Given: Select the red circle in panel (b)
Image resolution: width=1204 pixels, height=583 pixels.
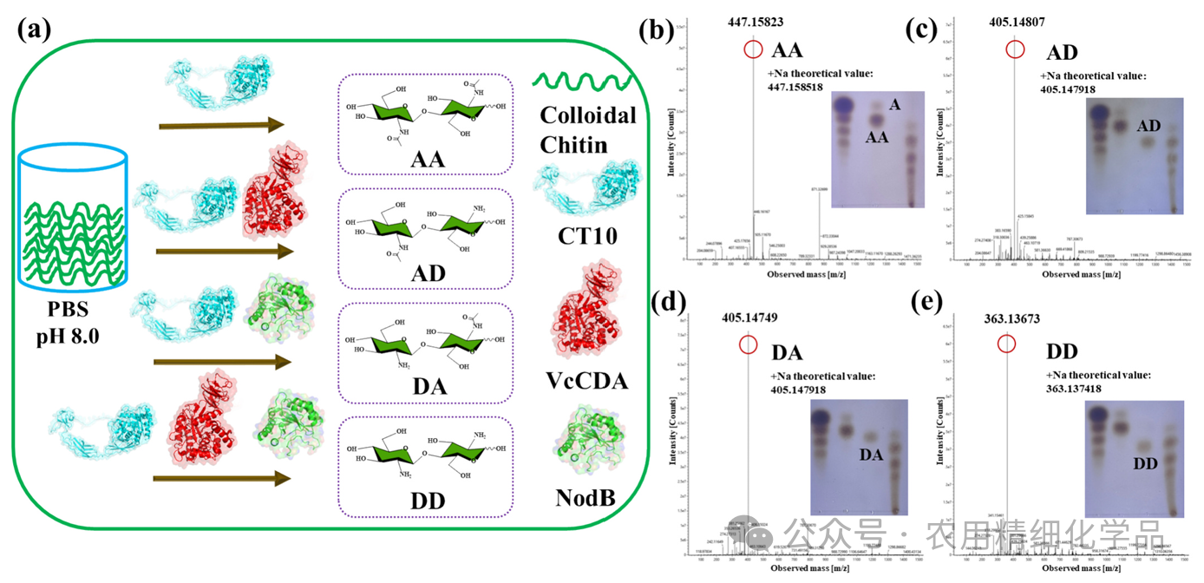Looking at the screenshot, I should [x=753, y=50].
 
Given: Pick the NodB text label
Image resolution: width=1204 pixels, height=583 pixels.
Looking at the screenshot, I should [x=588, y=499].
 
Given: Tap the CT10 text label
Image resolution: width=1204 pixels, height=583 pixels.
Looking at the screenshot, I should [x=588, y=233].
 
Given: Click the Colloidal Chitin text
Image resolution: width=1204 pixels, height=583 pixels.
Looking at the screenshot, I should [x=588, y=130].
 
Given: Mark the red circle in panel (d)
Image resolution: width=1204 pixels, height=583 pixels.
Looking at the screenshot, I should [x=749, y=345].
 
